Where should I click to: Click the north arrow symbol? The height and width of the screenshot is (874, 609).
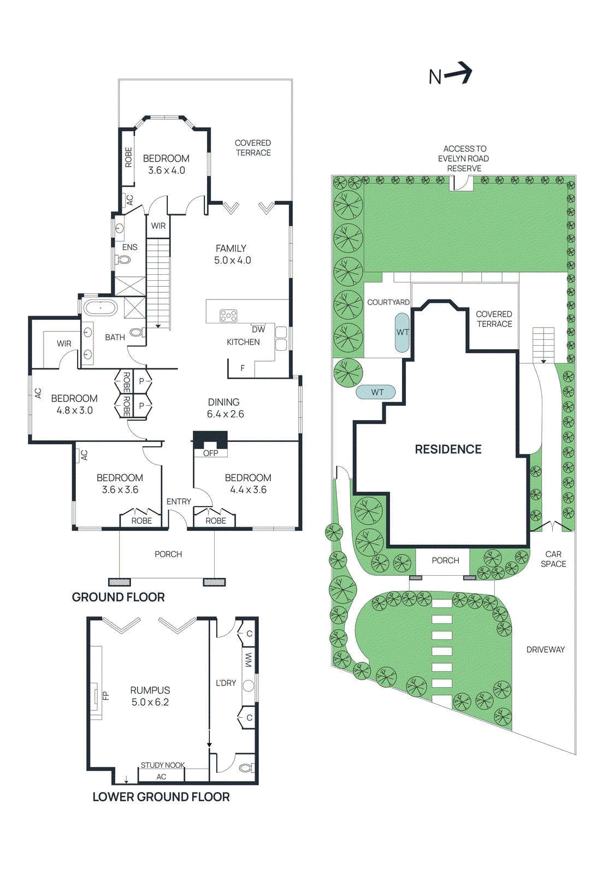458,74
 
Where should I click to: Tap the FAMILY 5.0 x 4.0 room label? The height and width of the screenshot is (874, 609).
232,255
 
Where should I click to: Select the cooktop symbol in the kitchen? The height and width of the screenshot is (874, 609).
228,316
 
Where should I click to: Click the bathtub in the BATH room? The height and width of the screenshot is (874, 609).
100,308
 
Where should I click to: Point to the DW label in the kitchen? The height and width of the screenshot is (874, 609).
258,329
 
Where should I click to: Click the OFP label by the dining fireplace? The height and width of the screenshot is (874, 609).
210,453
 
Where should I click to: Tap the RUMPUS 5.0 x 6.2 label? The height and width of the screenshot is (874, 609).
150,696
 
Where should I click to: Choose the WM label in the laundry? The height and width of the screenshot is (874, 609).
249,660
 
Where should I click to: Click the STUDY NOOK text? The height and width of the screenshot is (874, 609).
162,765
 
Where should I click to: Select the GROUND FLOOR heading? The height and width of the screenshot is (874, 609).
118,597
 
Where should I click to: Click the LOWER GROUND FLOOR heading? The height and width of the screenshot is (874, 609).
161,797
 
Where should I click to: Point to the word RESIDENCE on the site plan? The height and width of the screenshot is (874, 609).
448,449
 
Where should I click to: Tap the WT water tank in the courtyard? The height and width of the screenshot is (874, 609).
403,332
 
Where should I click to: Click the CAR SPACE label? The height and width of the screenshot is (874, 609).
553,559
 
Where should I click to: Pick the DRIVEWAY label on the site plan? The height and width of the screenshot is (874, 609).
545,649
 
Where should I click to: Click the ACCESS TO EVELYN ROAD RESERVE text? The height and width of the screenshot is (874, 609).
464,158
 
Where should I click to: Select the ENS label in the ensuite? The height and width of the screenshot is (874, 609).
129,247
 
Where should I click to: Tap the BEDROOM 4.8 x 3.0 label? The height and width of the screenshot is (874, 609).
74,404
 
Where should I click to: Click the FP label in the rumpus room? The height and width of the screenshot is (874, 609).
106,695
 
